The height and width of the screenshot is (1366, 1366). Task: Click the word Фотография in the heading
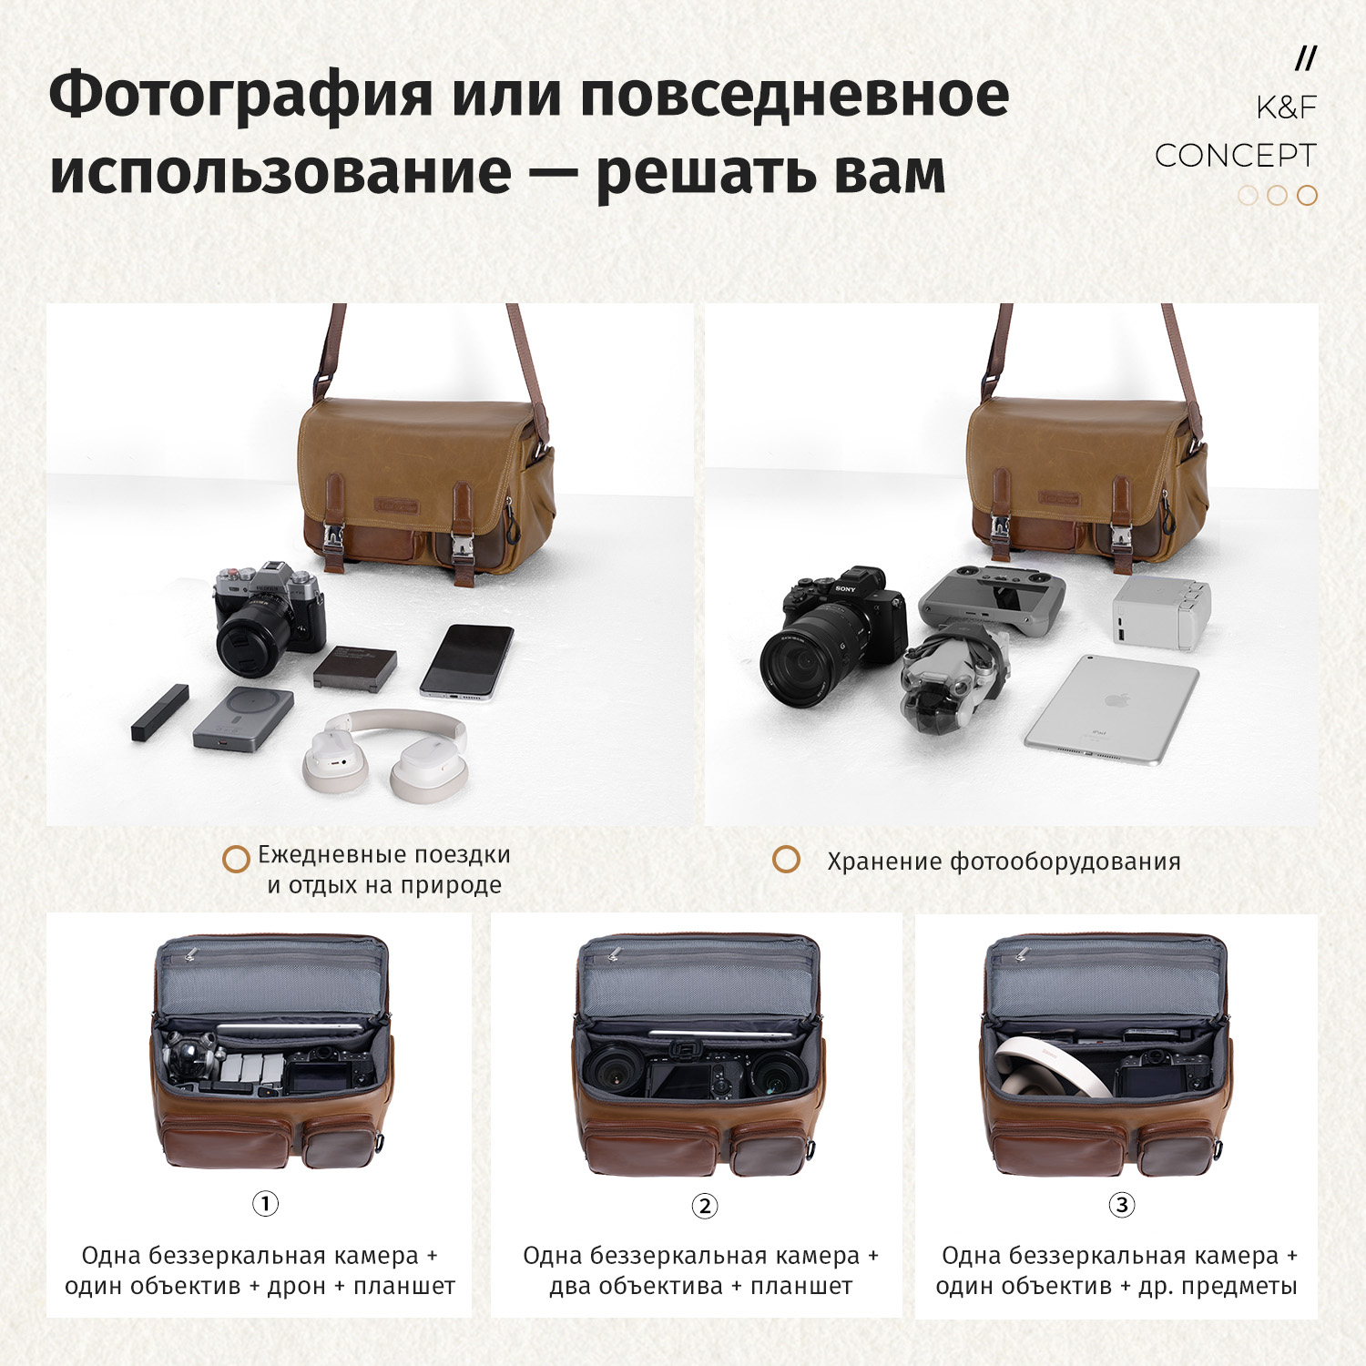point(241,96)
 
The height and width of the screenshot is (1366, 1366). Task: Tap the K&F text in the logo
point(1286,107)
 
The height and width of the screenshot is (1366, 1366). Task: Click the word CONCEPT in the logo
point(1235,156)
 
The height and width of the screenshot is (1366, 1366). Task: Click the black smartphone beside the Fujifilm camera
point(467,661)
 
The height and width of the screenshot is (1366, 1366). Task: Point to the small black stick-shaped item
point(159,712)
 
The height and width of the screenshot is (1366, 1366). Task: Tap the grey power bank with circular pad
point(243,719)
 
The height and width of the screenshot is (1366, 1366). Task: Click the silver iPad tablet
point(1111,709)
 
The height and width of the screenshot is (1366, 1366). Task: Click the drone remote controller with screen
point(992,600)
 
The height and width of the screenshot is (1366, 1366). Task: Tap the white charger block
point(1162,611)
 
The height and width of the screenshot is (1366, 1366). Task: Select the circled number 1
point(265,1204)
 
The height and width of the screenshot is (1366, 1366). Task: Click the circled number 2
point(705,1206)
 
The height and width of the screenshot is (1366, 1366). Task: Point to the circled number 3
point(1122,1205)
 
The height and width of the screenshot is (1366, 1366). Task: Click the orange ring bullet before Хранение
point(786,860)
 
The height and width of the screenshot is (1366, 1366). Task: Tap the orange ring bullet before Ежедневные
point(236,859)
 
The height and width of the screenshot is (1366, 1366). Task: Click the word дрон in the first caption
point(296,1286)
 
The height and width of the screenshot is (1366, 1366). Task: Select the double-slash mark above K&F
point(1306,59)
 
